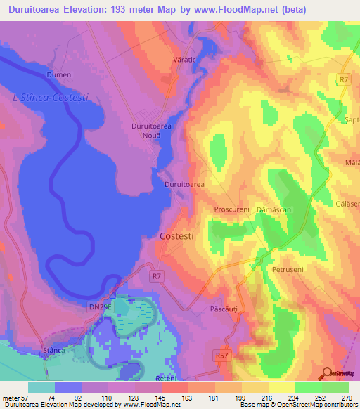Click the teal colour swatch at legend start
[x=41, y=387]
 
